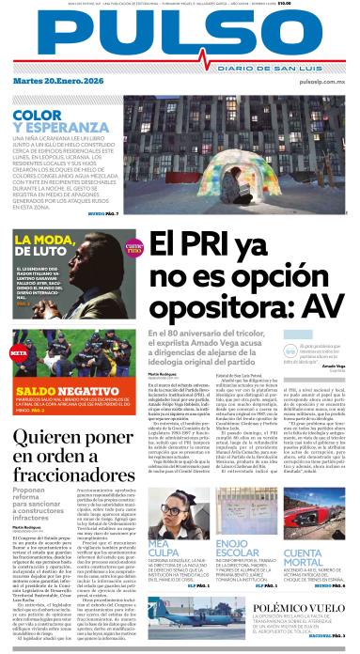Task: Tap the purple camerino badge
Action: (134, 248)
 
